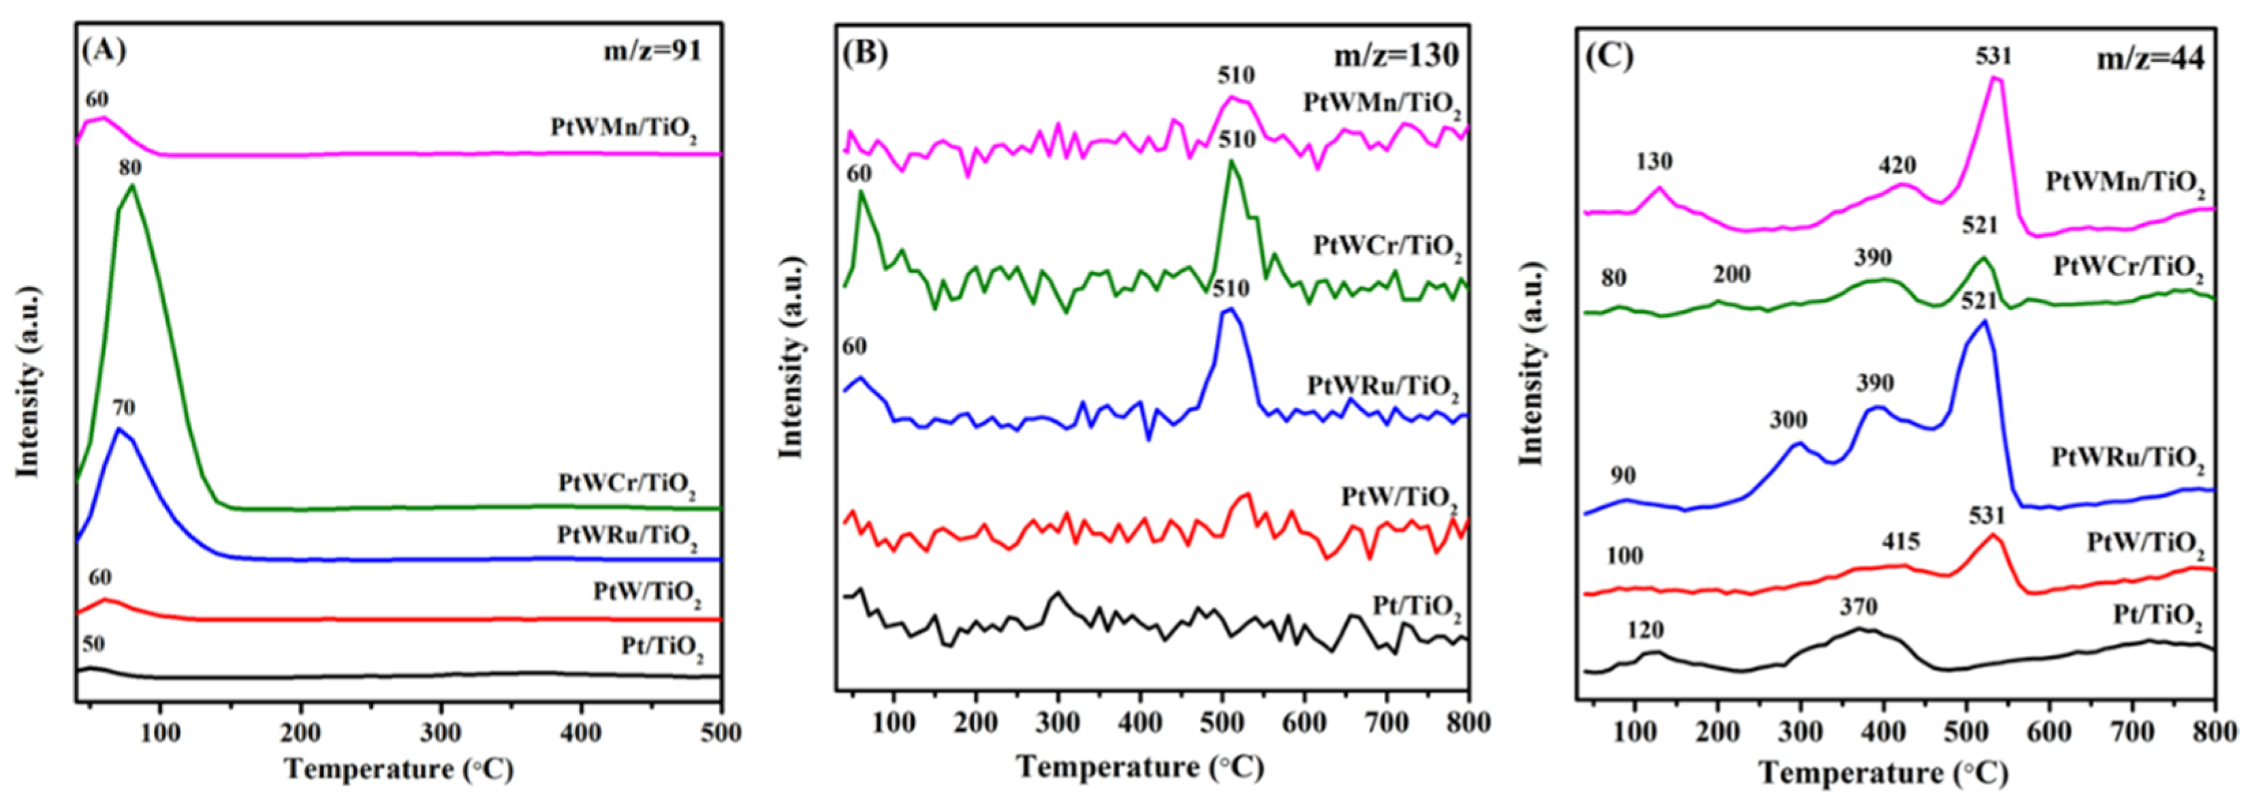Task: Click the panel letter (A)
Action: pyautogui.click(x=104, y=50)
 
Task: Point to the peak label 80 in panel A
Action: pyautogui.click(x=131, y=166)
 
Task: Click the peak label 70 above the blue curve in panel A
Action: pyautogui.click(x=124, y=408)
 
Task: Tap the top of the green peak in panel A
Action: pyautogui.click(x=131, y=186)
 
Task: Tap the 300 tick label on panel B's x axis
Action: pyautogui.click(x=1058, y=723)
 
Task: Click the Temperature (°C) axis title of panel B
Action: pyautogui.click(x=1139, y=767)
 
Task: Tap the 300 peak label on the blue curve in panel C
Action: pyautogui.click(x=1788, y=420)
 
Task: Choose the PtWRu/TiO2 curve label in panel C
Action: pyautogui.click(x=2128, y=458)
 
